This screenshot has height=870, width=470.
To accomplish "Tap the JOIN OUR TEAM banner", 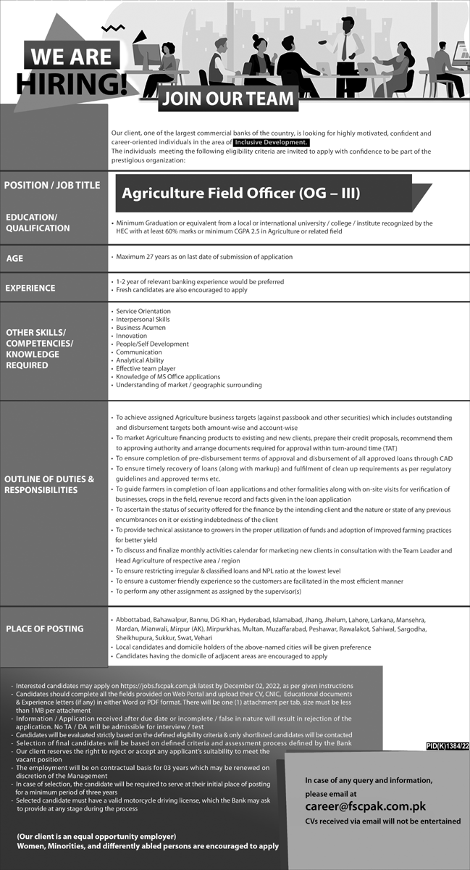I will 228,99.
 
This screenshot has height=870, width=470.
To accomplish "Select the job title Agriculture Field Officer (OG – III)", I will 240,194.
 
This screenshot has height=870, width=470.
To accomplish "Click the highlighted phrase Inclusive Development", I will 272,143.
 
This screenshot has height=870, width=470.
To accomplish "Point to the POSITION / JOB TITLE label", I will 52,186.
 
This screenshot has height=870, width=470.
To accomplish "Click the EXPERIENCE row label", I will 30,288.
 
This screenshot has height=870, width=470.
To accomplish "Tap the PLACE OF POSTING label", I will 44,629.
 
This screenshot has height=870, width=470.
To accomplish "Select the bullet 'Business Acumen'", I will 140,328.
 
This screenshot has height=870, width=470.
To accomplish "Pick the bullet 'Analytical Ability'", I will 140,360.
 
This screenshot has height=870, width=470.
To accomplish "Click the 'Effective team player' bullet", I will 146,368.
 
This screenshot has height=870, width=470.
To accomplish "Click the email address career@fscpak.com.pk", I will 365,806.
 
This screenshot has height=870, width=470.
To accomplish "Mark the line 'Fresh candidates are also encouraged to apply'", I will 181,290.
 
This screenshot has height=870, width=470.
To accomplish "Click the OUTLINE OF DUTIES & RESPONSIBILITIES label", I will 50,484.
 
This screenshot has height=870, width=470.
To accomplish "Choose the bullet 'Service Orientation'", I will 143,311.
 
